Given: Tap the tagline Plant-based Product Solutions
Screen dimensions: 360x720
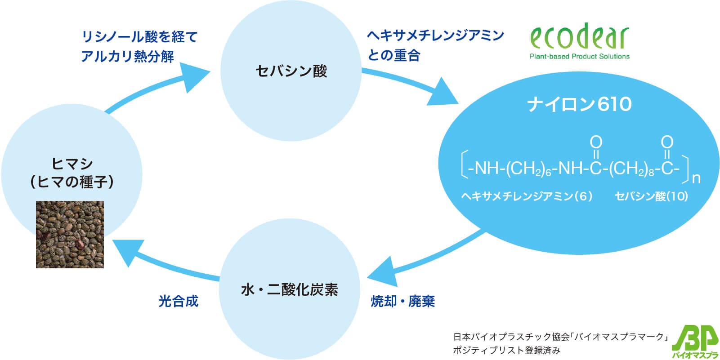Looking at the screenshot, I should point(579,57).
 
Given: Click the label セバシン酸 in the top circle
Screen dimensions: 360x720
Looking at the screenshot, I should point(291,71).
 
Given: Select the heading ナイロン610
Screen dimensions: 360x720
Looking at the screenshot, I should point(579,104).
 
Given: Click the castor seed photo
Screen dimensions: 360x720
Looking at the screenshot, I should point(70,235).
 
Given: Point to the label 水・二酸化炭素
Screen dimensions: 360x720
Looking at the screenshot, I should point(290,290).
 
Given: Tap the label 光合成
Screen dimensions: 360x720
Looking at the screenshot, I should point(178,301).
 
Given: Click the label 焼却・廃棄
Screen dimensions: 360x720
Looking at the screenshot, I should point(402,301).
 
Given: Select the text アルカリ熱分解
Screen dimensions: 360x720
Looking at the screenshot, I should point(127,57).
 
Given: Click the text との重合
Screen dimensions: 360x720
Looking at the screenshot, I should point(394,55).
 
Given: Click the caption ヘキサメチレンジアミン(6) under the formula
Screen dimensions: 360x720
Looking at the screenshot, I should point(527,196).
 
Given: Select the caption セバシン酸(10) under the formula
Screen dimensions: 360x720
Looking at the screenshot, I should point(651,196).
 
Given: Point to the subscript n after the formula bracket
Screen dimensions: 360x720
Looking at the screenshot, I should point(696,178).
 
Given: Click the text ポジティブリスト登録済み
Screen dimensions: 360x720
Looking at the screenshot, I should point(507,350).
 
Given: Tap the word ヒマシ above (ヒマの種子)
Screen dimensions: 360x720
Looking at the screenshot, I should point(72,164).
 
